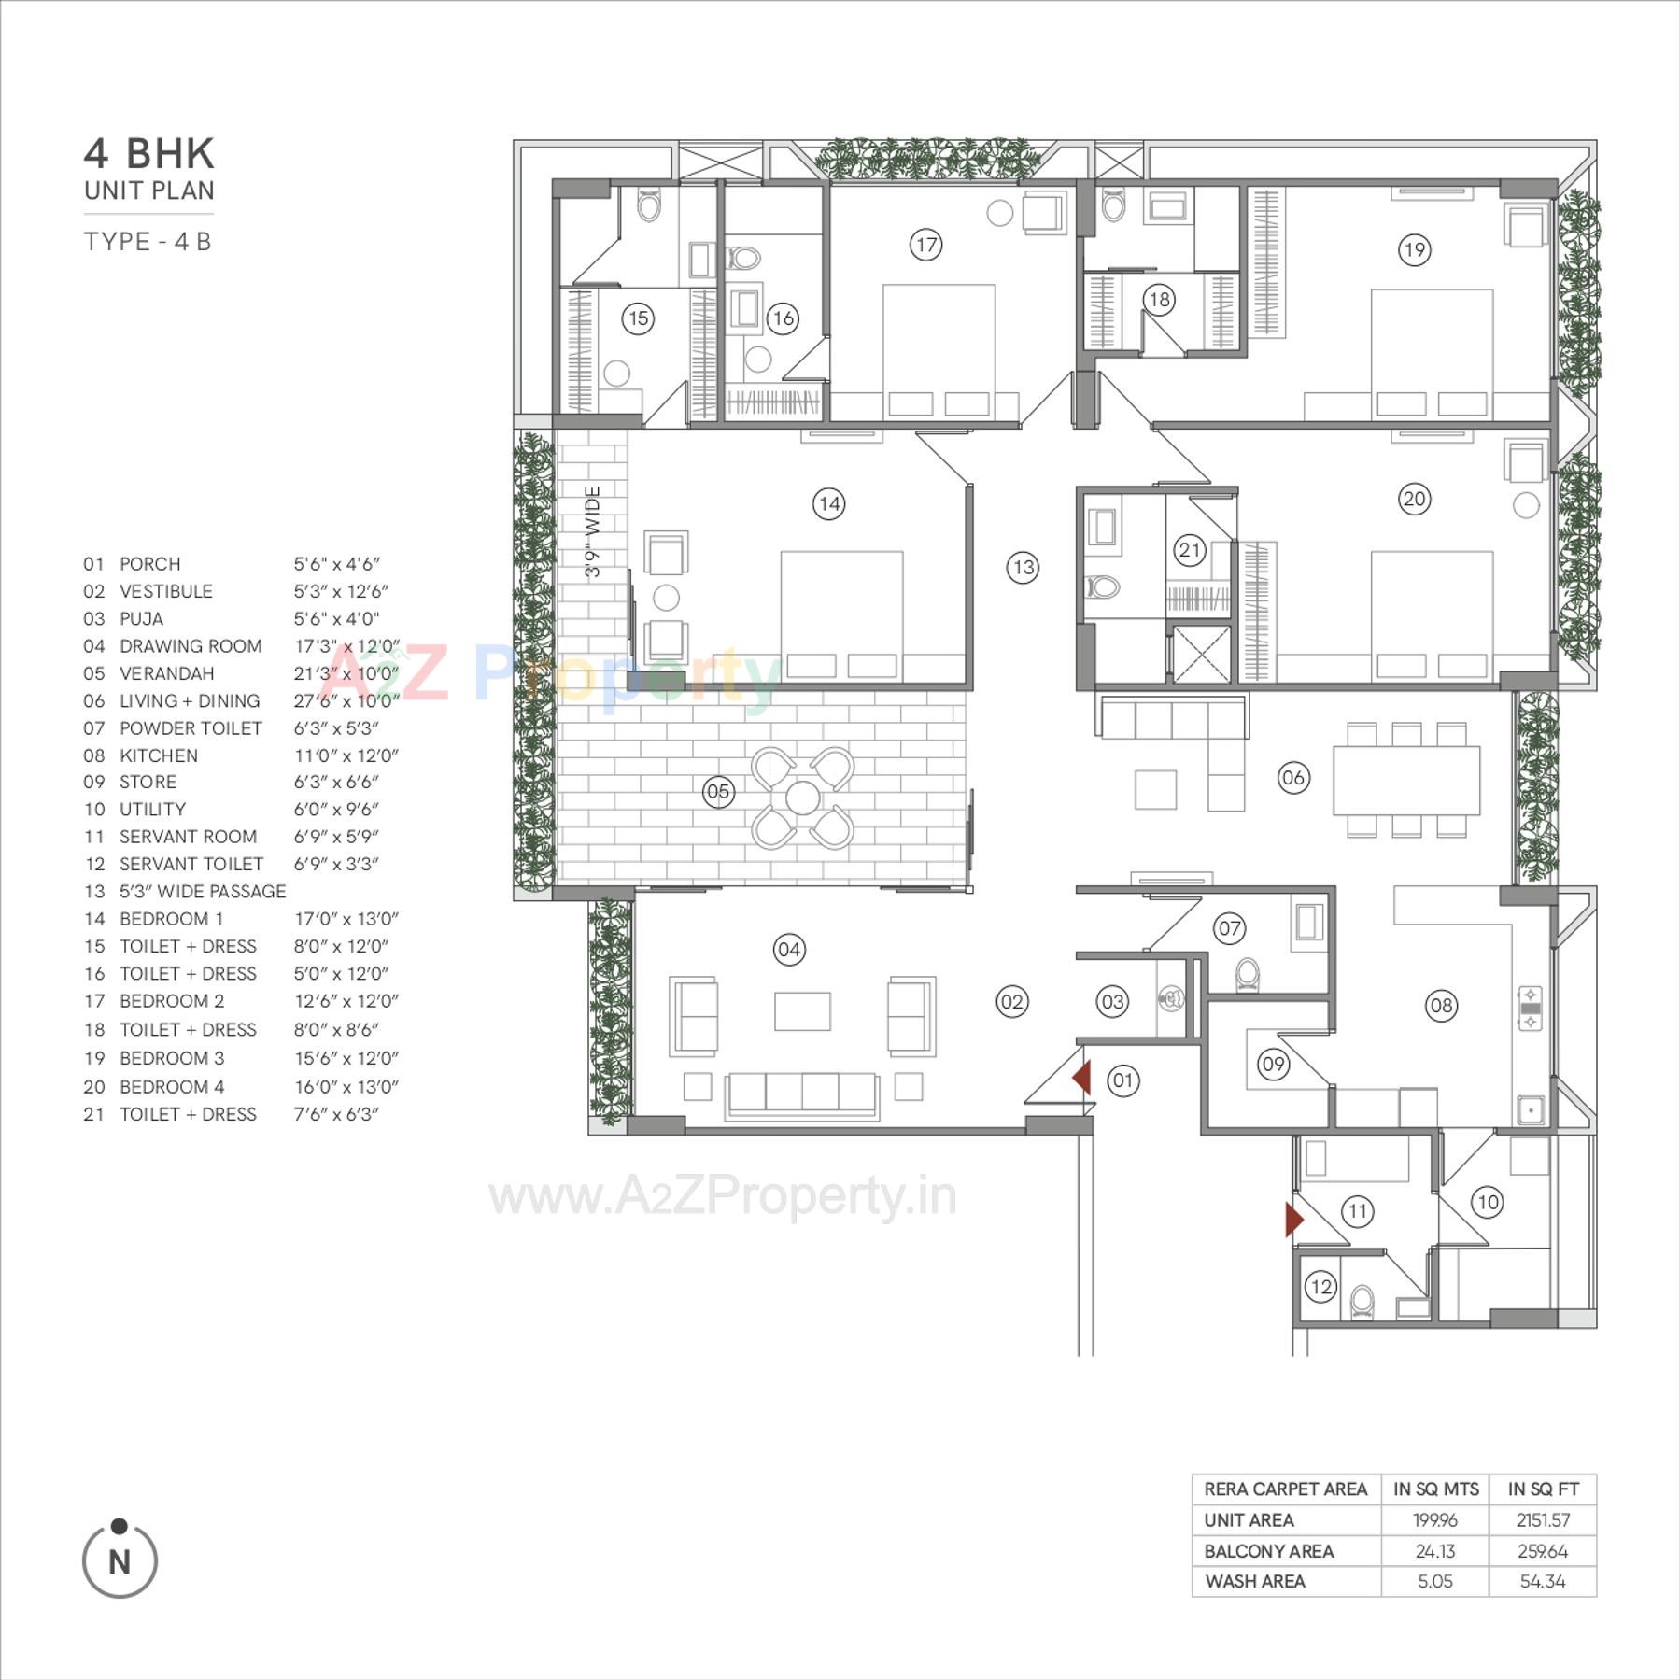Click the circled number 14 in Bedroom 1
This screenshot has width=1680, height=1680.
(x=828, y=504)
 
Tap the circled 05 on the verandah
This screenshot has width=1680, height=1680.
(x=718, y=792)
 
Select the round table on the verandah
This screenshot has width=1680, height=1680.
(x=802, y=798)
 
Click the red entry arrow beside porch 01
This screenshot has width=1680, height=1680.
(x=1082, y=1078)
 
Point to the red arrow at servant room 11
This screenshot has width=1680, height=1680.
(x=1293, y=1220)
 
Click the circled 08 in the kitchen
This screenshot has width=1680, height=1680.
(x=1441, y=1006)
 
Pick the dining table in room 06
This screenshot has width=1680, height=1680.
(x=1406, y=780)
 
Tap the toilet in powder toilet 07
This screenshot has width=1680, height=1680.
(x=1248, y=974)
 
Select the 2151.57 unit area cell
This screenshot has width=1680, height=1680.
(x=1543, y=1520)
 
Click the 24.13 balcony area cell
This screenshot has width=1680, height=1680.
(x=1434, y=1551)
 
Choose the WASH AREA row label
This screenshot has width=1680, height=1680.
(x=1254, y=1581)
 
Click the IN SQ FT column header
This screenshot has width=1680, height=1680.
(x=1543, y=1489)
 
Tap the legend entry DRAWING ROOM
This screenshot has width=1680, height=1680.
(x=191, y=646)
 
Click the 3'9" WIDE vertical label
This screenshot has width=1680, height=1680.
(x=592, y=530)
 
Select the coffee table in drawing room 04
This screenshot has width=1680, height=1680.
(x=802, y=1010)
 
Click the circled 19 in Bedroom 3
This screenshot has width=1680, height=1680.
(x=1414, y=249)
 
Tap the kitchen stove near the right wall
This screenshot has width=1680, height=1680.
(x=1530, y=1009)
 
